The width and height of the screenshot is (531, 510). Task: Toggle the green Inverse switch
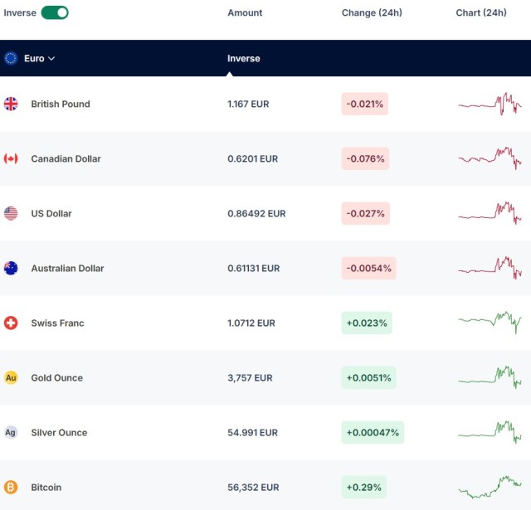coord(55,13)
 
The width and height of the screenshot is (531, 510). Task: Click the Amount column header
coord(245,13)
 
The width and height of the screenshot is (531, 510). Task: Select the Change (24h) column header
coord(372,13)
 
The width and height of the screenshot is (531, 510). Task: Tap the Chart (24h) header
coord(481,13)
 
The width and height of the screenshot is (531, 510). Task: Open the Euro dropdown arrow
coord(51,59)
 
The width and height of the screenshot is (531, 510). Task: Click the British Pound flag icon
coord(11,104)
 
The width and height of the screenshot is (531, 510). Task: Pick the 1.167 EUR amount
coord(248,104)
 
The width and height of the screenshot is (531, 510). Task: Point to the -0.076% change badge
coord(365,158)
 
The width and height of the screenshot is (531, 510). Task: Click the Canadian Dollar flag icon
coord(11,158)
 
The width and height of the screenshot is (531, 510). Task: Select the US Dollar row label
coord(51,214)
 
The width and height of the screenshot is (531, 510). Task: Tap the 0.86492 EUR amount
coord(256,214)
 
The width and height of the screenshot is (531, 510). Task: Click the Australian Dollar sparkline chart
coord(490,268)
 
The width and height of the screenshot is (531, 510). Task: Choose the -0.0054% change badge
coord(368,269)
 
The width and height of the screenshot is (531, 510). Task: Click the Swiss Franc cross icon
coord(11,323)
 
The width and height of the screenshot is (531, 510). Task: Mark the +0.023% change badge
coord(367,323)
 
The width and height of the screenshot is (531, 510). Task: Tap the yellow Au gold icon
coord(11,377)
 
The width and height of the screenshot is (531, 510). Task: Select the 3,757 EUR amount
coord(250,377)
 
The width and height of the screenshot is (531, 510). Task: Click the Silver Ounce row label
coord(59,433)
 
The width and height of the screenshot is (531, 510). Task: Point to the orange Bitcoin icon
coord(11,488)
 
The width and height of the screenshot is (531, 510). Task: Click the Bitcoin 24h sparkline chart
coord(490,487)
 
